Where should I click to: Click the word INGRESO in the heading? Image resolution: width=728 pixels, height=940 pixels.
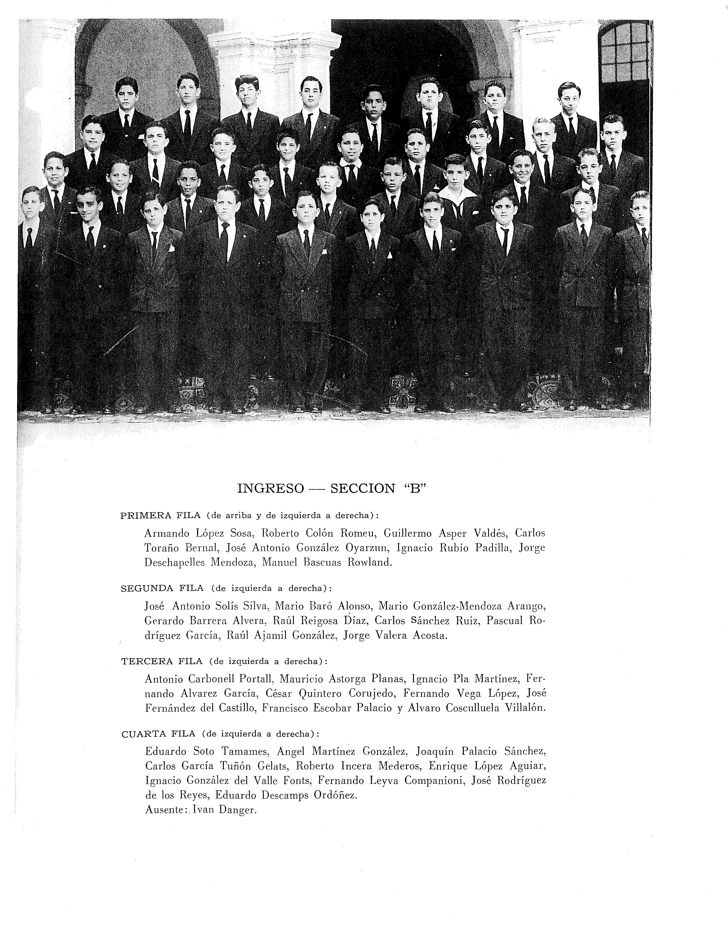point(270,488)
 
